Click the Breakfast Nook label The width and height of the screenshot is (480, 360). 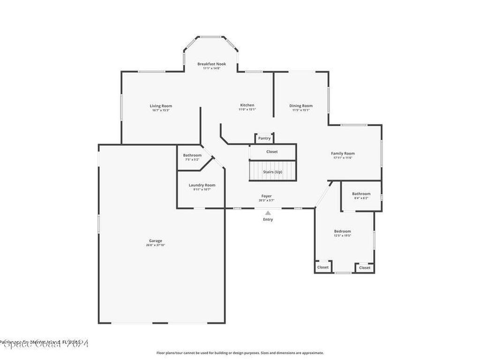211,64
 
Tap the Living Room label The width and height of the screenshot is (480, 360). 161,106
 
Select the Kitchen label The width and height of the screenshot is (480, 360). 247,105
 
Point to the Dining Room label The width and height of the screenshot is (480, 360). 300,106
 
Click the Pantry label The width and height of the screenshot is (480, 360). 264,138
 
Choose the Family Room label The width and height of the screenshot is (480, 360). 343,153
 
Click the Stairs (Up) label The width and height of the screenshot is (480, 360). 272,172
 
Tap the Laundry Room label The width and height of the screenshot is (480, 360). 202,185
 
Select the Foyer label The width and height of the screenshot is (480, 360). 266,196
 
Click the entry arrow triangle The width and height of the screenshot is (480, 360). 268,213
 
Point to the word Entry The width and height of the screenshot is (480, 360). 268,219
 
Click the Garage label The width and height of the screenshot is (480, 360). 156,241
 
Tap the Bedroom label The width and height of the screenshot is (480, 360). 342,231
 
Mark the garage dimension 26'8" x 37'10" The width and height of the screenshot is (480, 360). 156,245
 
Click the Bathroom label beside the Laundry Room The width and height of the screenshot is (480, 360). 192,155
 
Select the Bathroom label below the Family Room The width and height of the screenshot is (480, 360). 361,194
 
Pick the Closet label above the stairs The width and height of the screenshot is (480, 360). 272,152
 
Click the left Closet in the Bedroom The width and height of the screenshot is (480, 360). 323,267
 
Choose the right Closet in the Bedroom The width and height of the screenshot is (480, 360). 365,268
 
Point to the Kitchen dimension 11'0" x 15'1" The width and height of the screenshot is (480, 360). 247,110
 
